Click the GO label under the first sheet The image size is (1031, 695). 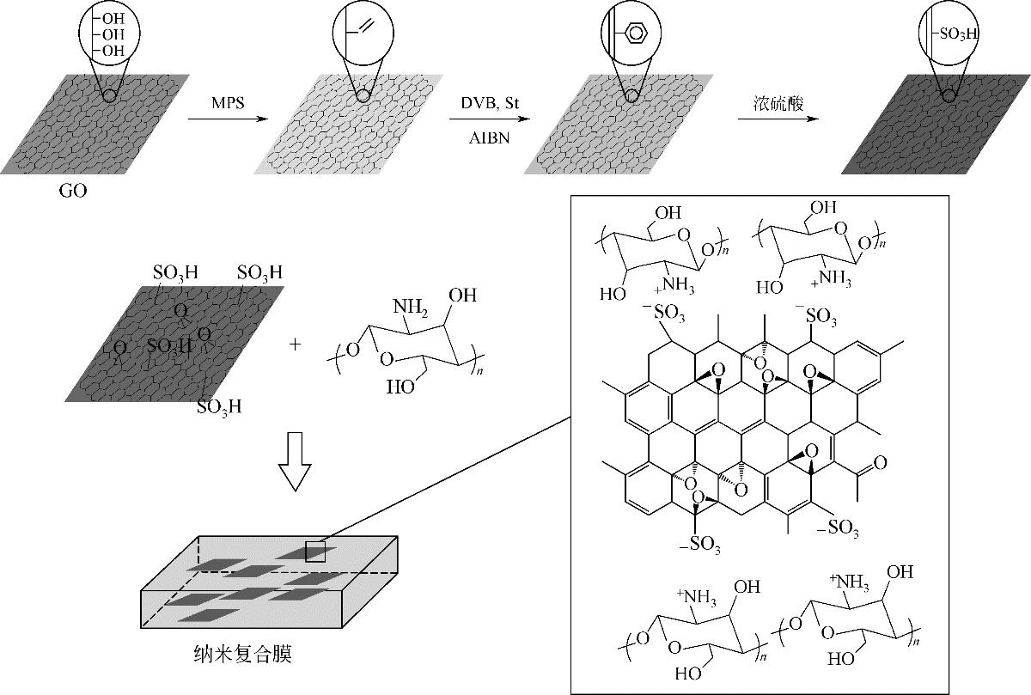[74, 192]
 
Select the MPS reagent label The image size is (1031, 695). [228, 103]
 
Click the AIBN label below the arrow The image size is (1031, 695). [491, 137]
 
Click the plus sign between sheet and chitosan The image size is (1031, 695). [296, 344]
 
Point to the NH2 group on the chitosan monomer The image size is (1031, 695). [410, 306]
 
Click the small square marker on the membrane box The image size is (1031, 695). [316, 552]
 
